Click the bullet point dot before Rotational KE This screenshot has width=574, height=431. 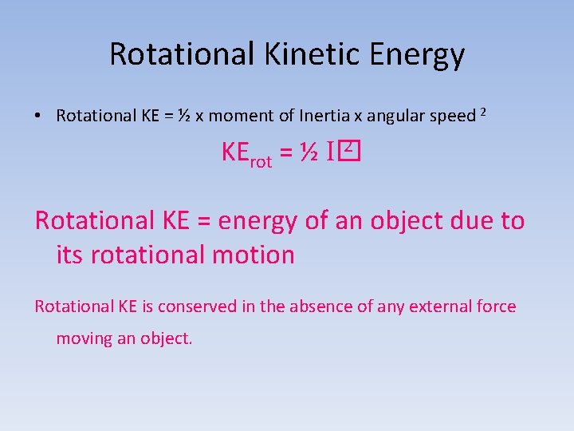tap(38, 116)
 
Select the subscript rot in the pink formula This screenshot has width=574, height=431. tap(261, 162)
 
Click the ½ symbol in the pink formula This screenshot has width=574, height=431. tap(310, 154)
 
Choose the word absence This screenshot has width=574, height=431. tap(328, 306)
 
